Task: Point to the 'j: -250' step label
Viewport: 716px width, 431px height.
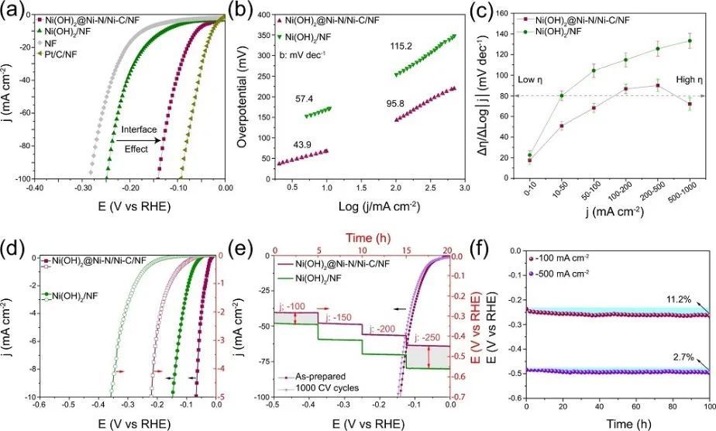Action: tap(426, 337)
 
